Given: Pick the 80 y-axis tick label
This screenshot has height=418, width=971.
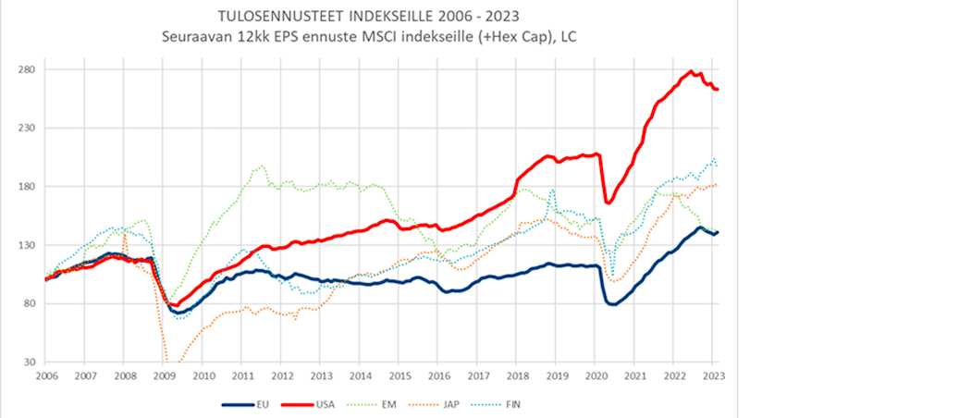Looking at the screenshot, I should pos(27,303).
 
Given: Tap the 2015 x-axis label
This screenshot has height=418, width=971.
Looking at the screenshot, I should pos(399,376).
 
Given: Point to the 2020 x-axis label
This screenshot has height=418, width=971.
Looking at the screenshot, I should pos(596,376).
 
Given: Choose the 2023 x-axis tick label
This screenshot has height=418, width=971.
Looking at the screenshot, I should pos(714,376).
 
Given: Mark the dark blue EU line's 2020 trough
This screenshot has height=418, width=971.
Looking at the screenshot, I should pos(612,304).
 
